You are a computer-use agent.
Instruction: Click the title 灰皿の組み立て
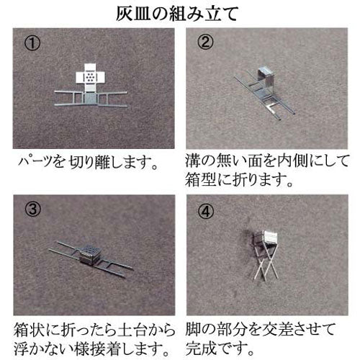[x=177, y=14]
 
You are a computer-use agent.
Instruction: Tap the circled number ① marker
[x=32, y=43]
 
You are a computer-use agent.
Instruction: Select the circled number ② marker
[x=205, y=42]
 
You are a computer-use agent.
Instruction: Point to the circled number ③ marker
[x=33, y=210]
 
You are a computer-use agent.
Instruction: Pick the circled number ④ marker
[x=206, y=211]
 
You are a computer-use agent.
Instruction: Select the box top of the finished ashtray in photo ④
[x=269, y=238]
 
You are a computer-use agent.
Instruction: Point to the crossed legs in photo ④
[x=266, y=264]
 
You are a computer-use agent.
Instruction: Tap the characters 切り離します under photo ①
[x=112, y=162]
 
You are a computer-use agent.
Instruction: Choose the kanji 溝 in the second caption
[x=193, y=161]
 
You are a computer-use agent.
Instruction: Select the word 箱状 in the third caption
[x=29, y=330]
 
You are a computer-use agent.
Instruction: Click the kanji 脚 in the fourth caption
[x=193, y=329]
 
